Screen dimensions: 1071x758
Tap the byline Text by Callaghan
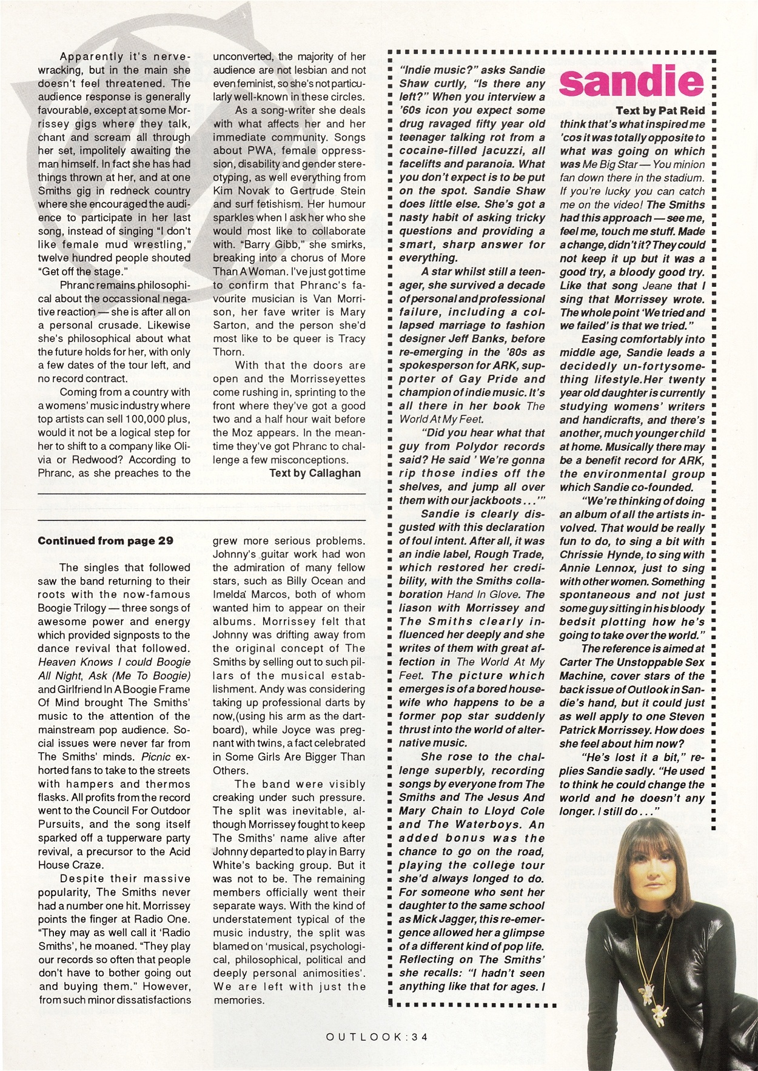click(315, 473)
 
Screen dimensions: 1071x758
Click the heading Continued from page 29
click(106, 540)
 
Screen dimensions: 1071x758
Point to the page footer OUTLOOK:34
click(377, 1036)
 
